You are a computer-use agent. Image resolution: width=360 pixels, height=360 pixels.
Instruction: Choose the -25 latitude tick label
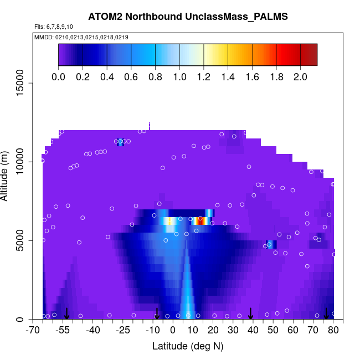[x=124, y=331]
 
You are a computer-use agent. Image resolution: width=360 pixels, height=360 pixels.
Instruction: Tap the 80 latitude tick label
[x=333, y=331]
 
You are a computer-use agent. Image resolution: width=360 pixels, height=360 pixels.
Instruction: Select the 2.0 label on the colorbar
[x=300, y=77]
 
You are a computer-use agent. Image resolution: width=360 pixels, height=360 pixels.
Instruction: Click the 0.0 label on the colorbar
[x=58, y=77]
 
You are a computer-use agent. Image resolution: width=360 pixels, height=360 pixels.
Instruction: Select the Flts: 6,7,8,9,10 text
[x=53, y=27]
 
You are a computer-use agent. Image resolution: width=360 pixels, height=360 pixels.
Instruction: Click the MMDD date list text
[x=81, y=37]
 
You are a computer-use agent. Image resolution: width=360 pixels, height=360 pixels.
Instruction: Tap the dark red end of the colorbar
[x=312, y=55]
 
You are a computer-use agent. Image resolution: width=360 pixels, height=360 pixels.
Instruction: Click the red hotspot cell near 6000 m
[x=201, y=220]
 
